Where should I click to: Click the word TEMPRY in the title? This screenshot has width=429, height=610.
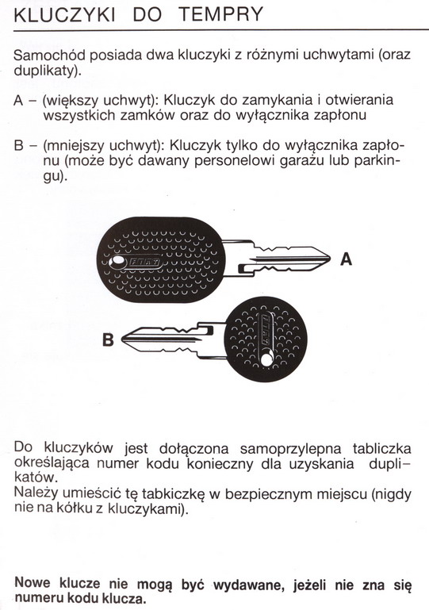point(221,14)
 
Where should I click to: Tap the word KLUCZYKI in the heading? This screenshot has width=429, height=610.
point(64,14)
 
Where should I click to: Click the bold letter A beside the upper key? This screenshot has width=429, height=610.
point(347,259)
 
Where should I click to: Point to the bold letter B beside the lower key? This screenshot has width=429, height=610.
point(108,340)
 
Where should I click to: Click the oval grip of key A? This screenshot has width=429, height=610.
point(161,259)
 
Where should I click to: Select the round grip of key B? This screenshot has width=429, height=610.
point(266,340)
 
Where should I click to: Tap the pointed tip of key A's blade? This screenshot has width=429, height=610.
point(330,258)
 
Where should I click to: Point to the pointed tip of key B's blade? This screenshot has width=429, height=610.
point(122,340)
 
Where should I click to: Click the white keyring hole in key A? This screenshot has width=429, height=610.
point(117,263)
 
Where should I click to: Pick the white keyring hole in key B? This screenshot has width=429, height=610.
point(266,359)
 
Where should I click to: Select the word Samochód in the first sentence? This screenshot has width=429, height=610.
point(49,55)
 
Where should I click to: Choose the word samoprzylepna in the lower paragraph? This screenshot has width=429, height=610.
point(290,448)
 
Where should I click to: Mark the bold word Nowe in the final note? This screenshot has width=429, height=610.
point(33,583)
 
